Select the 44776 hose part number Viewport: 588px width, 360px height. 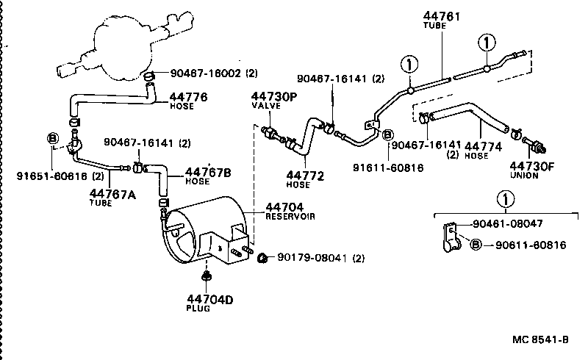click(x=188, y=96)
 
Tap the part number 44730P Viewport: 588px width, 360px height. click(x=274, y=96)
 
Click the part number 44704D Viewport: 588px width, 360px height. click(x=209, y=299)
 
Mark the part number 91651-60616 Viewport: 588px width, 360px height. click(x=51, y=176)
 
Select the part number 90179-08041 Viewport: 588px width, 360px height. click(x=312, y=257)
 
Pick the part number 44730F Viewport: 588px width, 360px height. click(x=531, y=167)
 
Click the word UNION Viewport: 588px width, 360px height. click(x=523, y=176)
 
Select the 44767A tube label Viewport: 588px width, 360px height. click(x=112, y=193)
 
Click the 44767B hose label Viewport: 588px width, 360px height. click(x=207, y=172)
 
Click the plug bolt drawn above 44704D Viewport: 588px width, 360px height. click(x=208, y=276)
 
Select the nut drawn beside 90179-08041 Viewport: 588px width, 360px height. click(x=262, y=256)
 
